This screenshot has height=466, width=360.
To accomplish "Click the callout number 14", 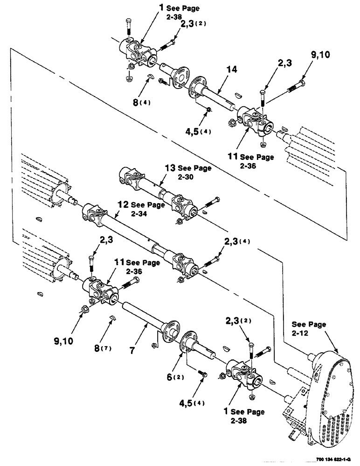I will pos(231,70).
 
